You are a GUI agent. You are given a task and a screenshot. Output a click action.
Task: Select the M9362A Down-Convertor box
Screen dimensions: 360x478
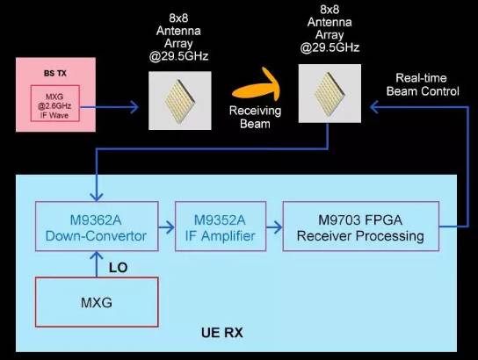coord(96,227)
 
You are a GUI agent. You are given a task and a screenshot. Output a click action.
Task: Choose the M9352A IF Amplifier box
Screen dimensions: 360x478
coord(216,227)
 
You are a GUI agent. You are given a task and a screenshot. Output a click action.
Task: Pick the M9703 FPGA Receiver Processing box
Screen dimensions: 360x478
coord(360,227)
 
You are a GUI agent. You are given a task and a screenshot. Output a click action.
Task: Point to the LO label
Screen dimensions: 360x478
coord(118,264)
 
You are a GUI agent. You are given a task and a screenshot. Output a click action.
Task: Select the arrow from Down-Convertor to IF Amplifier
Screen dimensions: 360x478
coord(165,227)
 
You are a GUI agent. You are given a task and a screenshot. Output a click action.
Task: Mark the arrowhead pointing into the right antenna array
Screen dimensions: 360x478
coord(376,107)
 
